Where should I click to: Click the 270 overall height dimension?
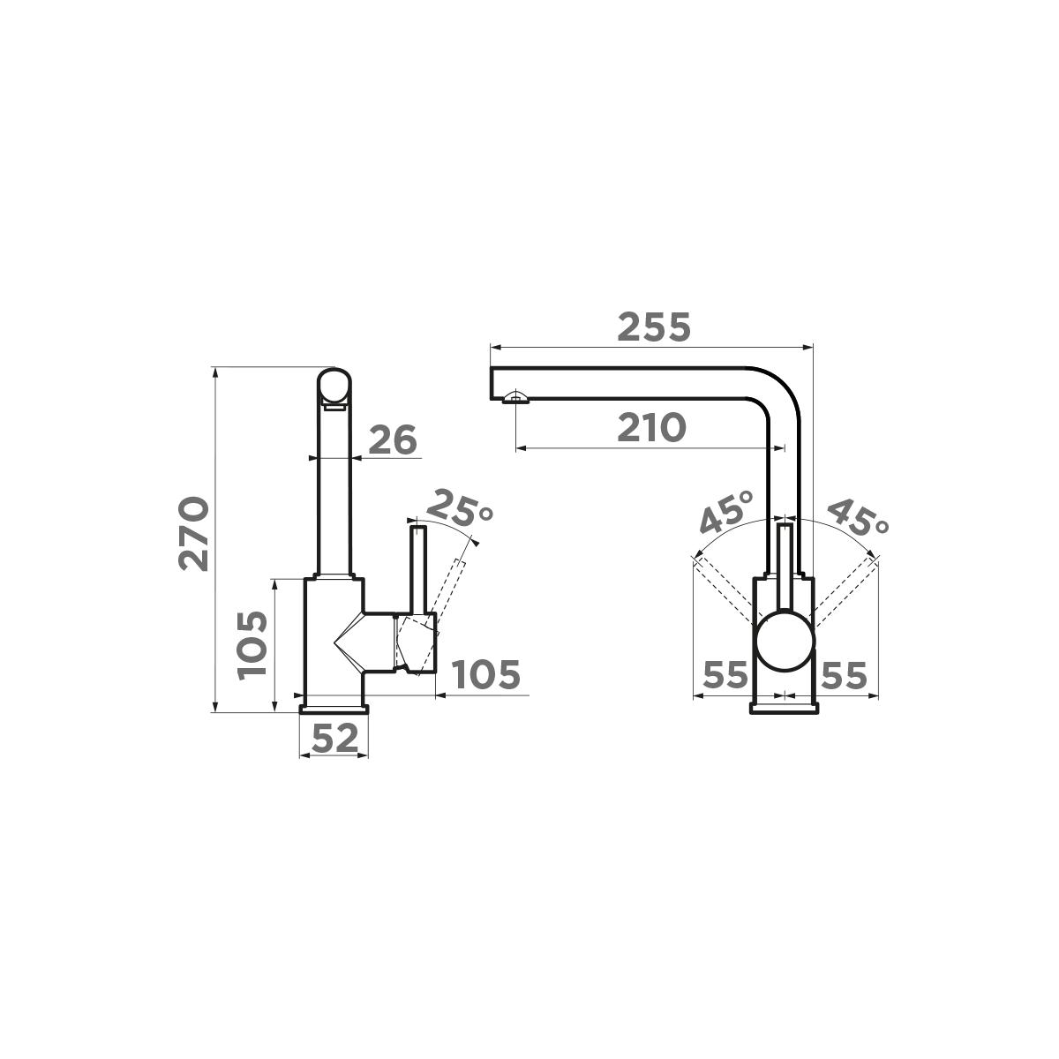193,534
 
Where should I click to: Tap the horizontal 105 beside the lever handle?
485,675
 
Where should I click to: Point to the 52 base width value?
334,738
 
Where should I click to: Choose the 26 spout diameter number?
392,439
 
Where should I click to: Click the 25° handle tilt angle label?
458,509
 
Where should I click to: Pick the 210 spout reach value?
650,428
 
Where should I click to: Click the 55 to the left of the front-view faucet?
725,676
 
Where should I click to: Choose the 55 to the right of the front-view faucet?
845,676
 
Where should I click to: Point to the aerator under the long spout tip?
515,399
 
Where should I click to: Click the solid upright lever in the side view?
418,569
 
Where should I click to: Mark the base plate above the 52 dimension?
334,709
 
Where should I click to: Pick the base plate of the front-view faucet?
785,706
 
